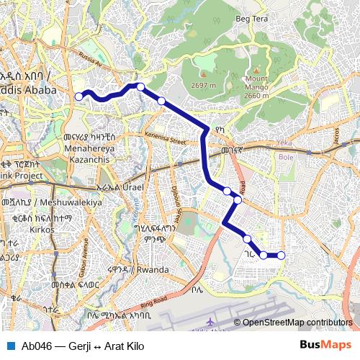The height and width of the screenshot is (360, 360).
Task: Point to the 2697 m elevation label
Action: pos(202,85)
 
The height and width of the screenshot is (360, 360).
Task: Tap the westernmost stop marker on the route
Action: pos(78,96)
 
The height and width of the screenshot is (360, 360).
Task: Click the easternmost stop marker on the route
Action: pos(281,255)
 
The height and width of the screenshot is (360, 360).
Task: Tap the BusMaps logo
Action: pos(325,346)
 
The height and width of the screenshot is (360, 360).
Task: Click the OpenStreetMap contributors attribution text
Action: pos(297,323)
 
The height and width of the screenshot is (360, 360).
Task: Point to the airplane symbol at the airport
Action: pos(210,323)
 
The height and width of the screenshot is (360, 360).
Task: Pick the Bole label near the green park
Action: pos(286,156)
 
